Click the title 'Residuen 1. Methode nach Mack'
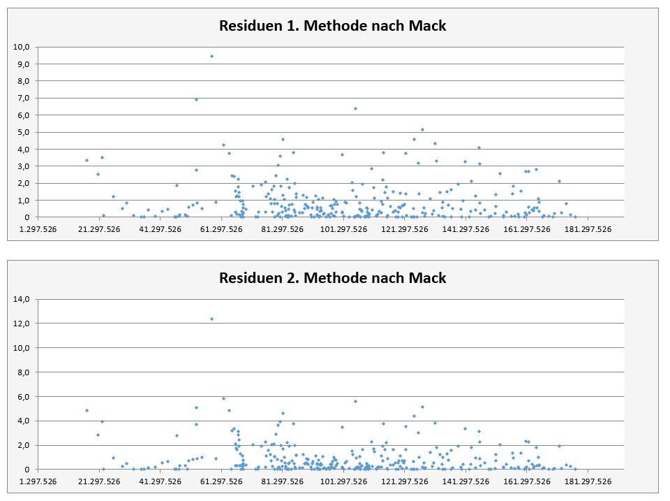[x=332, y=26]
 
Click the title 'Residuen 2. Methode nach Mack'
[x=332, y=277]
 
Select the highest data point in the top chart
[x=211, y=56]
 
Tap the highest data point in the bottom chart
[x=211, y=319]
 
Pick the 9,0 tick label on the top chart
[x=23, y=64]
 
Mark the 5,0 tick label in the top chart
[x=23, y=132]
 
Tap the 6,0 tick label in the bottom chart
[x=23, y=397]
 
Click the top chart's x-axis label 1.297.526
[x=38, y=228]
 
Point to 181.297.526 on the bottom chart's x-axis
[x=588, y=480]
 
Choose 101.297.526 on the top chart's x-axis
[x=343, y=228]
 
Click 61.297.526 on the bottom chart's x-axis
[x=221, y=480]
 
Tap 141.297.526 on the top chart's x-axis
[x=466, y=228]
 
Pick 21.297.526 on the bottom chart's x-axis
[x=100, y=480]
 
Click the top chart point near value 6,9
[x=196, y=99]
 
